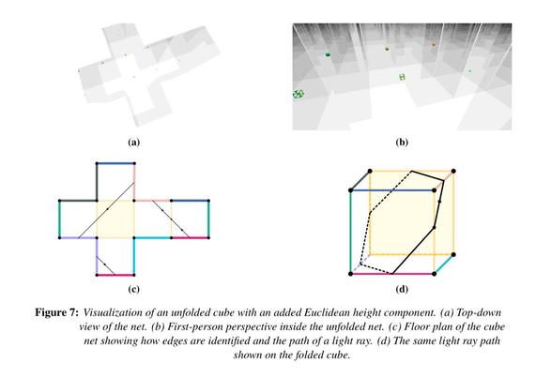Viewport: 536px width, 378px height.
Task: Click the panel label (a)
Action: click(x=133, y=142)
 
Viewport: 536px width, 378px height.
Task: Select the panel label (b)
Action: click(x=402, y=142)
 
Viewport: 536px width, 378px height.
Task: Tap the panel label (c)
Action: click(x=133, y=289)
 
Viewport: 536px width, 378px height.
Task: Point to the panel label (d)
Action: click(x=402, y=289)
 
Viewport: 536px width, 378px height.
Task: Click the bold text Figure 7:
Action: click(x=57, y=312)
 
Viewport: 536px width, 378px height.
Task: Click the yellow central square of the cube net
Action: click(x=115, y=219)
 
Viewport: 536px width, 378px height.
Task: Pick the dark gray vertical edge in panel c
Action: click(x=97, y=182)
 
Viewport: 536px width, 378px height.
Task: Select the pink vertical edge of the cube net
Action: click(x=134, y=182)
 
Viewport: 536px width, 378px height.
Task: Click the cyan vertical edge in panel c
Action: click(x=134, y=256)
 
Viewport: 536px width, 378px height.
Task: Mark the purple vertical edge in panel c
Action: click(x=97, y=256)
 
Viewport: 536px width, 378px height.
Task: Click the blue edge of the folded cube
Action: click(x=392, y=190)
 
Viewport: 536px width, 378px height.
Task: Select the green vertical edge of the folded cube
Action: click(x=351, y=232)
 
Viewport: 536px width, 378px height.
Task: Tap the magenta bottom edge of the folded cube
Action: click(x=392, y=274)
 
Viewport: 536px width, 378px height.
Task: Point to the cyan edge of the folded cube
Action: click(x=444, y=265)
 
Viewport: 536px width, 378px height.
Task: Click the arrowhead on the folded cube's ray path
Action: click(x=439, y=202)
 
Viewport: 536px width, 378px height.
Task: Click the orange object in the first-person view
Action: click(x=434, y=44)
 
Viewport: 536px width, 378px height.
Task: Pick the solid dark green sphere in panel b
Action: click(x=328, y=54)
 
